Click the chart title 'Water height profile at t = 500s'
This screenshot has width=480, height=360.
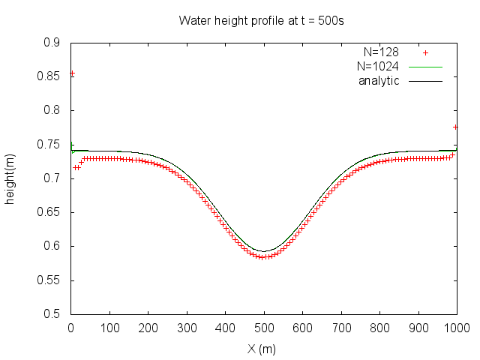pos(261,20)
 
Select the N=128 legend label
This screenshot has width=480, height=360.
pos(380,52)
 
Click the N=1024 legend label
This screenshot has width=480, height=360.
pos(377,67)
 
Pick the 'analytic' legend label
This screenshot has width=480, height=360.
pos(379,80)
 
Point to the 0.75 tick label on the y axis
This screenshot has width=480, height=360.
pos(51,145)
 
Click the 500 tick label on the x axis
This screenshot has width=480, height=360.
pos(263,328)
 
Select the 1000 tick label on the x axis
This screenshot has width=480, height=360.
pos(456,328)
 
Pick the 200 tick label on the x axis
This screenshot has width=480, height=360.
pos(148,328)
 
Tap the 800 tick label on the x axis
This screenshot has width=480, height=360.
pos(379,328)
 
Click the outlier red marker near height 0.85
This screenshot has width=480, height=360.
pos(72,73)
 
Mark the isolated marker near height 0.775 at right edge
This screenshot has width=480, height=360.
pos(456,127)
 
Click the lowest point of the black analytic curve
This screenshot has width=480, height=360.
pos(263,251)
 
